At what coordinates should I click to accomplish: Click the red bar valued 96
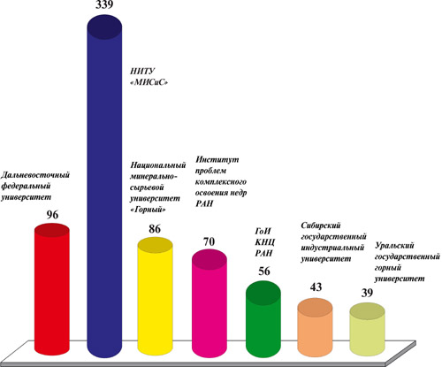(52, 289)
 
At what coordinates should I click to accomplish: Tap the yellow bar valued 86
(156, 295)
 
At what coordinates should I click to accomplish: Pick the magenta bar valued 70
(210, 303)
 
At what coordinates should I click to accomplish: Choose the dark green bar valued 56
(263, 319)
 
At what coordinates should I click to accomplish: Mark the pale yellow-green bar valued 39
(367, 329)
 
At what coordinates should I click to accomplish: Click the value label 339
(104, 4)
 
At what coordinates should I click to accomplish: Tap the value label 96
(52, 215)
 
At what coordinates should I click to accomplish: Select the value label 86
(155, 229)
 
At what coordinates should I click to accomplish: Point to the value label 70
(209, 241)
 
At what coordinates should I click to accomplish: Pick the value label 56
(264, 271)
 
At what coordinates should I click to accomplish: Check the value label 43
(316, 287)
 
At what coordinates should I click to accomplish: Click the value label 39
(367, 293)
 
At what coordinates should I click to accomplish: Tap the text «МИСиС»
(149, 83)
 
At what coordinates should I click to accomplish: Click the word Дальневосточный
(35, 175)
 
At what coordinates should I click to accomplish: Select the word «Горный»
(148, 210)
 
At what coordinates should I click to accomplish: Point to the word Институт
(217, 159)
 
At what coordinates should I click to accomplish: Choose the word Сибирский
(321, 226)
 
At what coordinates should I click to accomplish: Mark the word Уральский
(394, 246)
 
